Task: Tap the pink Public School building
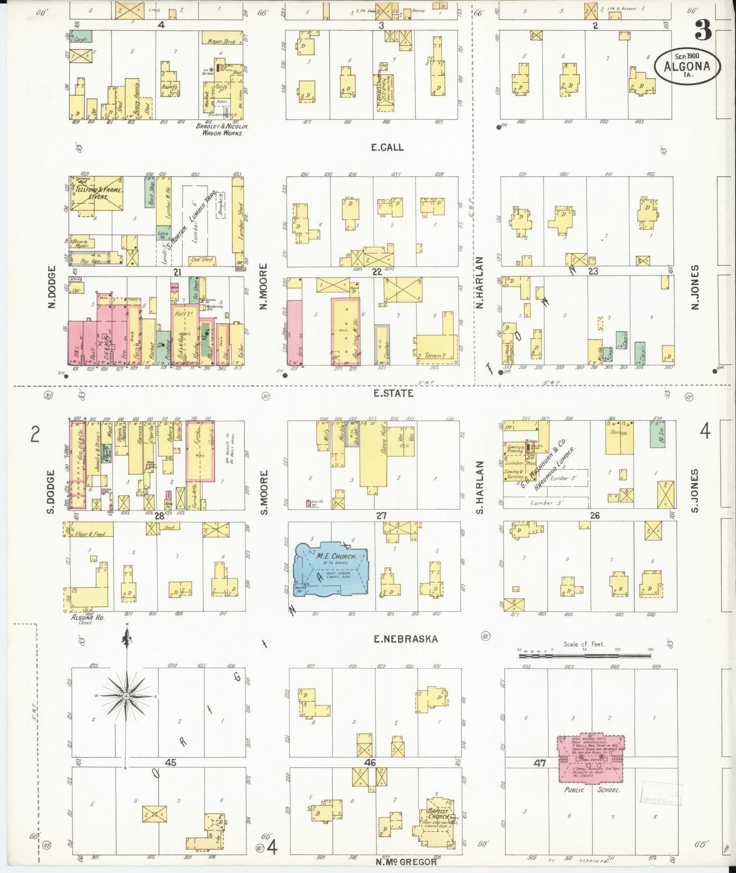point(591,758)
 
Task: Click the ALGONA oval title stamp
point(687,66)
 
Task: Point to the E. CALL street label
point(387,148)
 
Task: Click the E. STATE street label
point(393,393)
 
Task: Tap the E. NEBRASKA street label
point(405,639)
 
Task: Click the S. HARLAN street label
point(480,487)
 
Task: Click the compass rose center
point(126,696)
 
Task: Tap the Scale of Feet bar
point(584,656)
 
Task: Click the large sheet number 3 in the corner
point(703,31)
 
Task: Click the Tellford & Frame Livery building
point(97,193)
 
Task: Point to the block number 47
point(540,763)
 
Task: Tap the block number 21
point(177,272)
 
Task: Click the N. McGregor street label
point(406,862)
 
